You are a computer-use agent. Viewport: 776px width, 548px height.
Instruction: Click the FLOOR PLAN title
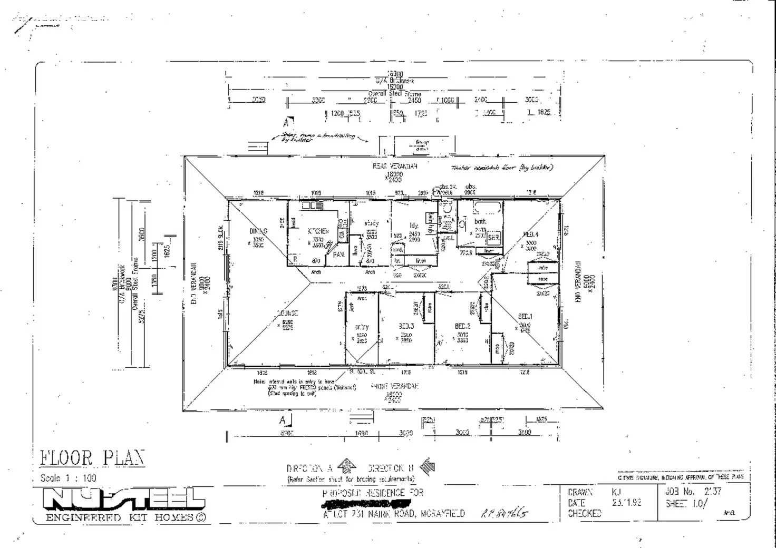(93, 458)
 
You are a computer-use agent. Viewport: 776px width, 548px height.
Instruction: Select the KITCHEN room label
(318, 231)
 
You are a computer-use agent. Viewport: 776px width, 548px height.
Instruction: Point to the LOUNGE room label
(288, 314)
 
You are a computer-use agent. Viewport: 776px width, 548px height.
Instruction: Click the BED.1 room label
(525, 316)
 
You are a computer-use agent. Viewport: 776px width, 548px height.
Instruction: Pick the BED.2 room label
(462, 327)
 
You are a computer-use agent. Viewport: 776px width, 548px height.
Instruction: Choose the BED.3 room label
(406, 326)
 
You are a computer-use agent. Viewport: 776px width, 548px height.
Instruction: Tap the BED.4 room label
(530, 234)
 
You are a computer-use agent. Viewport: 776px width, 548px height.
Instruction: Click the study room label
(372, 223)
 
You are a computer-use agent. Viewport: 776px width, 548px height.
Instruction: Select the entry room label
(361, 327)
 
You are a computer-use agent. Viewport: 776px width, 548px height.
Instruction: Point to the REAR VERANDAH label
(395, 167)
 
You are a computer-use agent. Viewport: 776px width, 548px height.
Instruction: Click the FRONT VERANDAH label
(394, 386)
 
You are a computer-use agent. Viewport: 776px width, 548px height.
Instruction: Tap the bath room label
(480, 221)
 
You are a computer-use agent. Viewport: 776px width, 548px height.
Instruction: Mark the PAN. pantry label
(338, 255)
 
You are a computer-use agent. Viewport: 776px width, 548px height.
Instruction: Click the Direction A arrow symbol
(346, 466)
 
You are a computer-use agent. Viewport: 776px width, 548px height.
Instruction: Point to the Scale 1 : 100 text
(69, 478)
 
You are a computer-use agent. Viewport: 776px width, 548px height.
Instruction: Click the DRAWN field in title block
(580, 492)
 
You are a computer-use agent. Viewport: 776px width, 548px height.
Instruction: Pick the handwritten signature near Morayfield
(503, 513)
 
